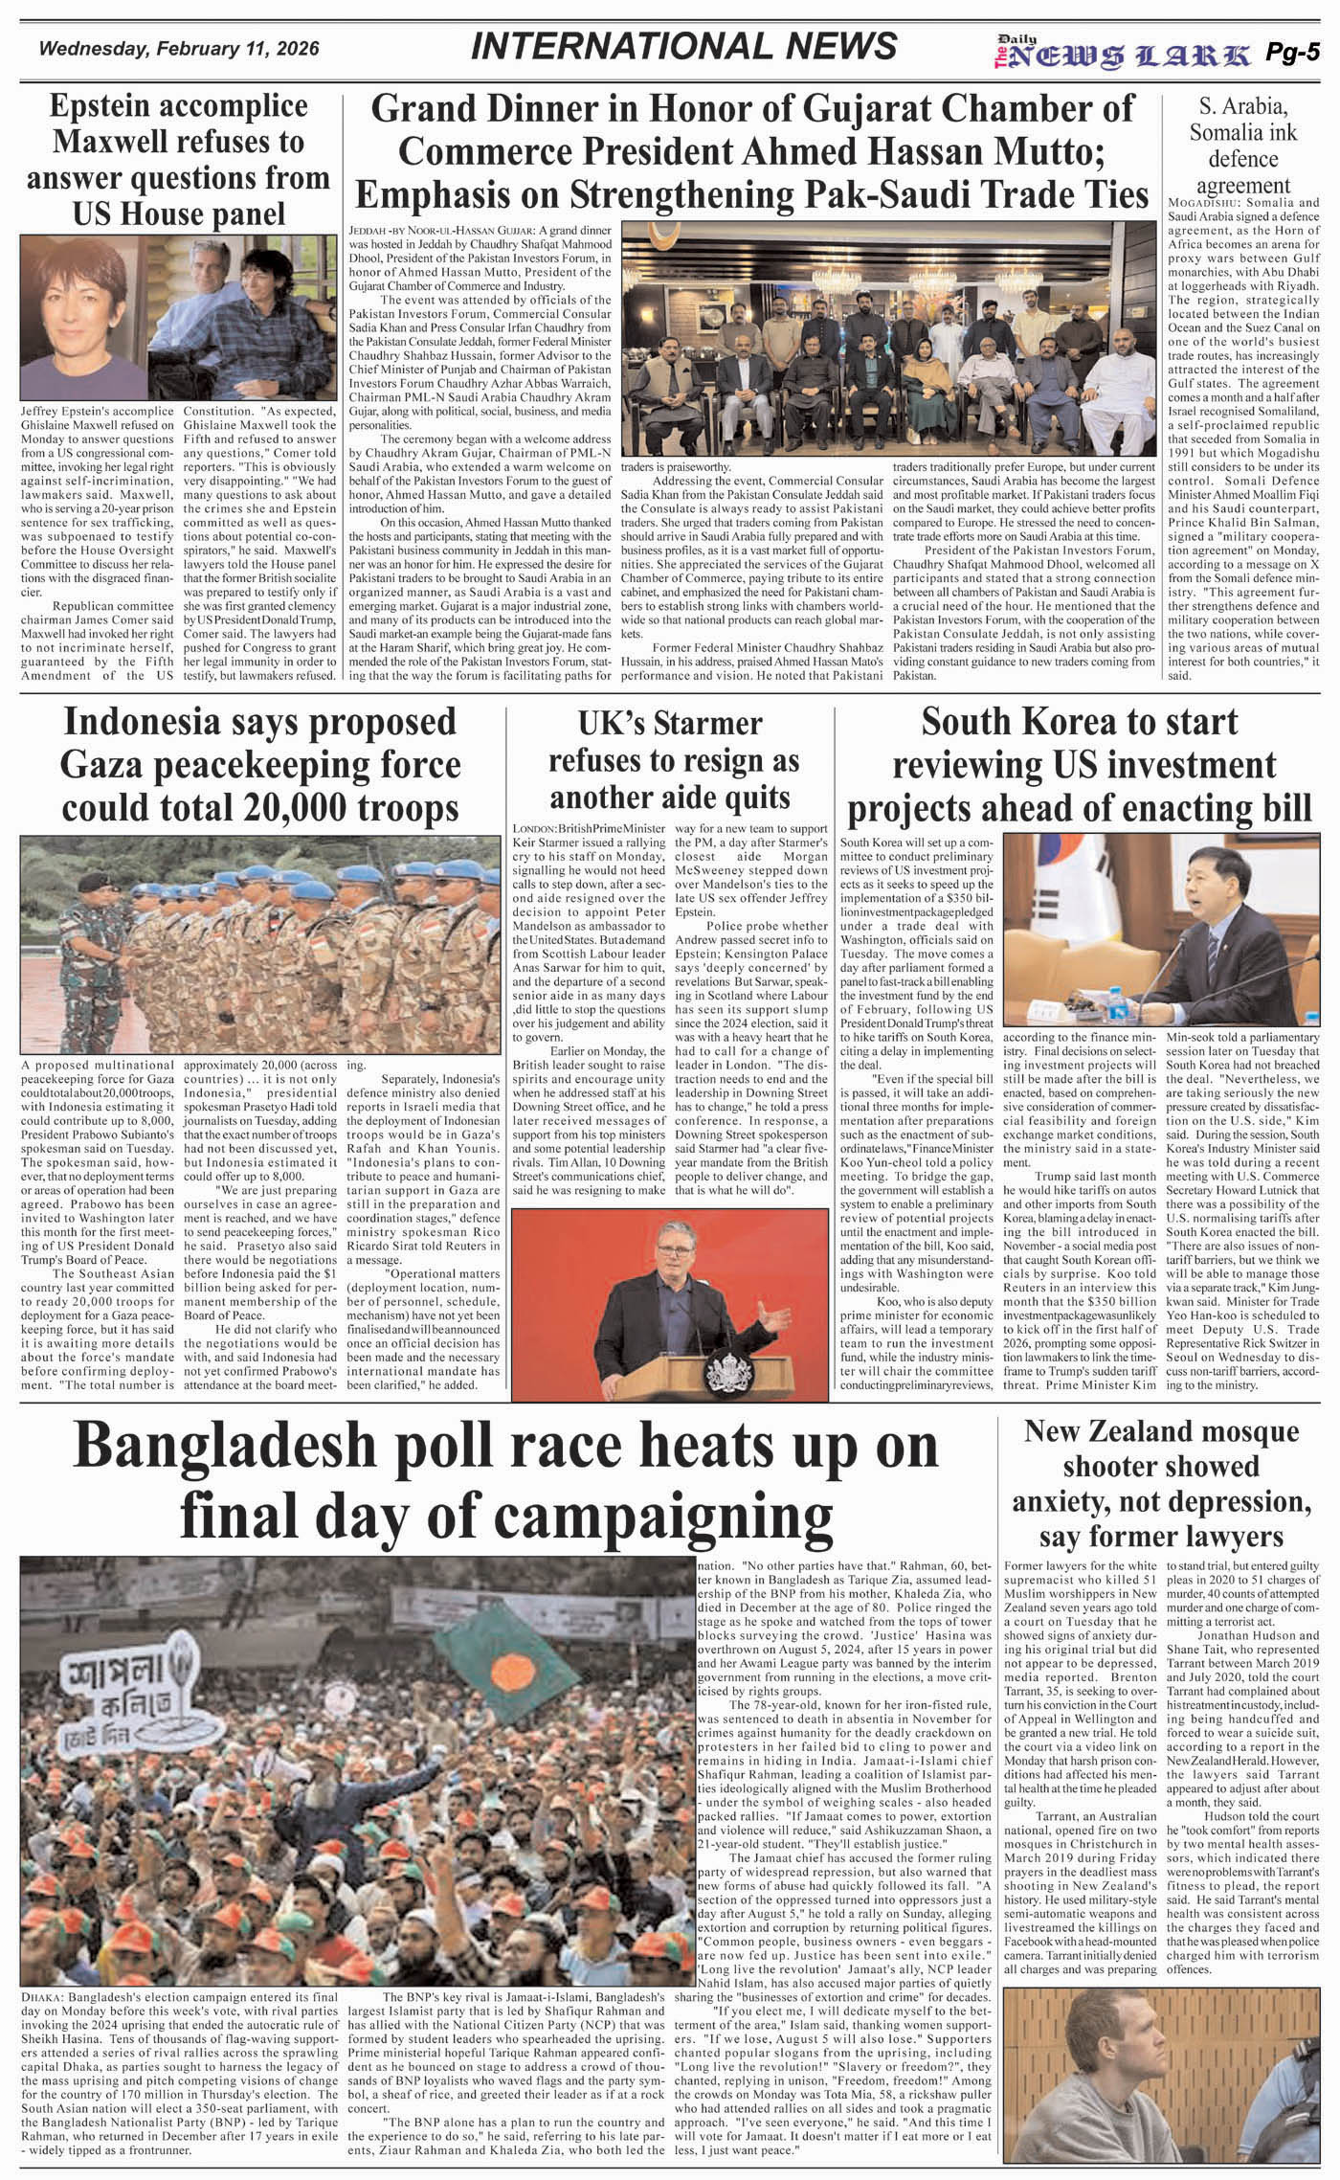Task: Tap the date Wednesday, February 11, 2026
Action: pyautogui.click(x=179, y=49)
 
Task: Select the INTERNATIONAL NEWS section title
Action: pyautogui.click(x=684, y=46)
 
